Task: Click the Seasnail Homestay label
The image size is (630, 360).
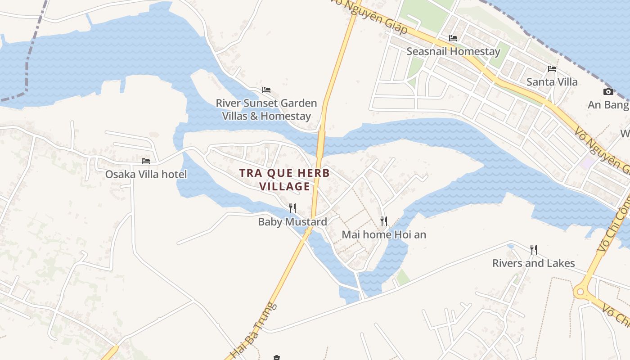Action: (453, 51)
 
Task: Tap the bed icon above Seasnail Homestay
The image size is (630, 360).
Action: (453, 38)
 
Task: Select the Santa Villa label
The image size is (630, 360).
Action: (552, 82)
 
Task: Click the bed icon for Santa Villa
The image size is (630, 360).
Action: (552, 69)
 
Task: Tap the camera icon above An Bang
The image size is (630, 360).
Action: (608, 92)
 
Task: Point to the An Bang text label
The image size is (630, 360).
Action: (608, 105)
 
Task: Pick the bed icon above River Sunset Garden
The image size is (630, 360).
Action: (266, 90)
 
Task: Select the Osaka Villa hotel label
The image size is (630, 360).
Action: (146, 174)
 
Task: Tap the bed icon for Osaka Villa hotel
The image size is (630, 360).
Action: (146, 161)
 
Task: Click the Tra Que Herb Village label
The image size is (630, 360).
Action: (284, 179)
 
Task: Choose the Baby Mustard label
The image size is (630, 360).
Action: (292, 222)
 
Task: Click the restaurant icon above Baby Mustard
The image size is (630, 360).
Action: (292, 208)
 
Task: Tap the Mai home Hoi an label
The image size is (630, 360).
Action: (384, 234)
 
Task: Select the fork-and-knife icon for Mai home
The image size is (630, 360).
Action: (384, 221)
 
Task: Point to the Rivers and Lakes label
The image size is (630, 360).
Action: (533, 263)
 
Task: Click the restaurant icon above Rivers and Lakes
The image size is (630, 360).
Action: (534, 249)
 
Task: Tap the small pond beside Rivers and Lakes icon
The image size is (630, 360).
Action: (511, 247)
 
